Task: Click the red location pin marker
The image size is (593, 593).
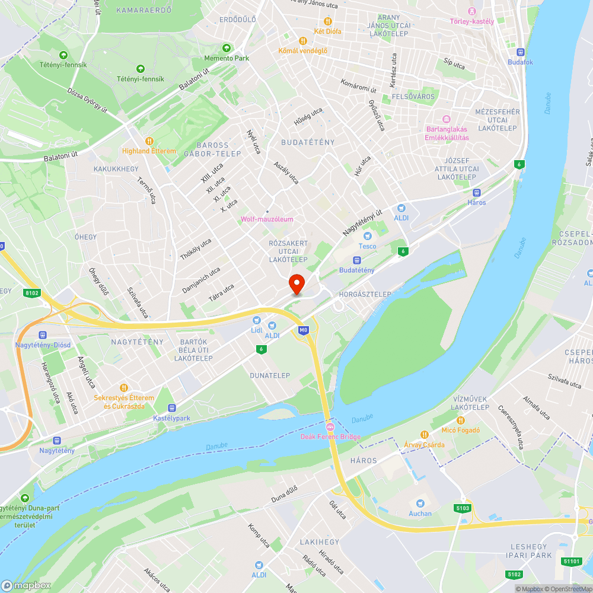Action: tap(296, 283)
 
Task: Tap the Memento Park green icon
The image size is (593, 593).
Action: tap(226, 48)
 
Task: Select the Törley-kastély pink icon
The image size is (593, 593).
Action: tap(472, 11)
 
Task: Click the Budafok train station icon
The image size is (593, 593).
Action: tap(521, 52)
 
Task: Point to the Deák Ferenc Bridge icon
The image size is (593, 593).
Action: tap(330, 427)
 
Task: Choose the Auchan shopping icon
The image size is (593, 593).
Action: tap(420, 503)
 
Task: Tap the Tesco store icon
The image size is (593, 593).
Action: tap(372, 235)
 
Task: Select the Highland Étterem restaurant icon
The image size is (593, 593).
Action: tap(149, 141)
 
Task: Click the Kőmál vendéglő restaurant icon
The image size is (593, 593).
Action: tap(302, 41)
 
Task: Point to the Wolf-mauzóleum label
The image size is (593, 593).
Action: tap(267, 219)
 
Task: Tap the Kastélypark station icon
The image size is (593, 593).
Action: tap(172, 408)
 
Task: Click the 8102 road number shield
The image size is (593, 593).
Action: tap(32, 292)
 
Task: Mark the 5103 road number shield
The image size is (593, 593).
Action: tap(463, 508)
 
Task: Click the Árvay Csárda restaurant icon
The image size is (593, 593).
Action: tap(424, 435)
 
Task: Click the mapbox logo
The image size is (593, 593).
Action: tap(26, 585)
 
